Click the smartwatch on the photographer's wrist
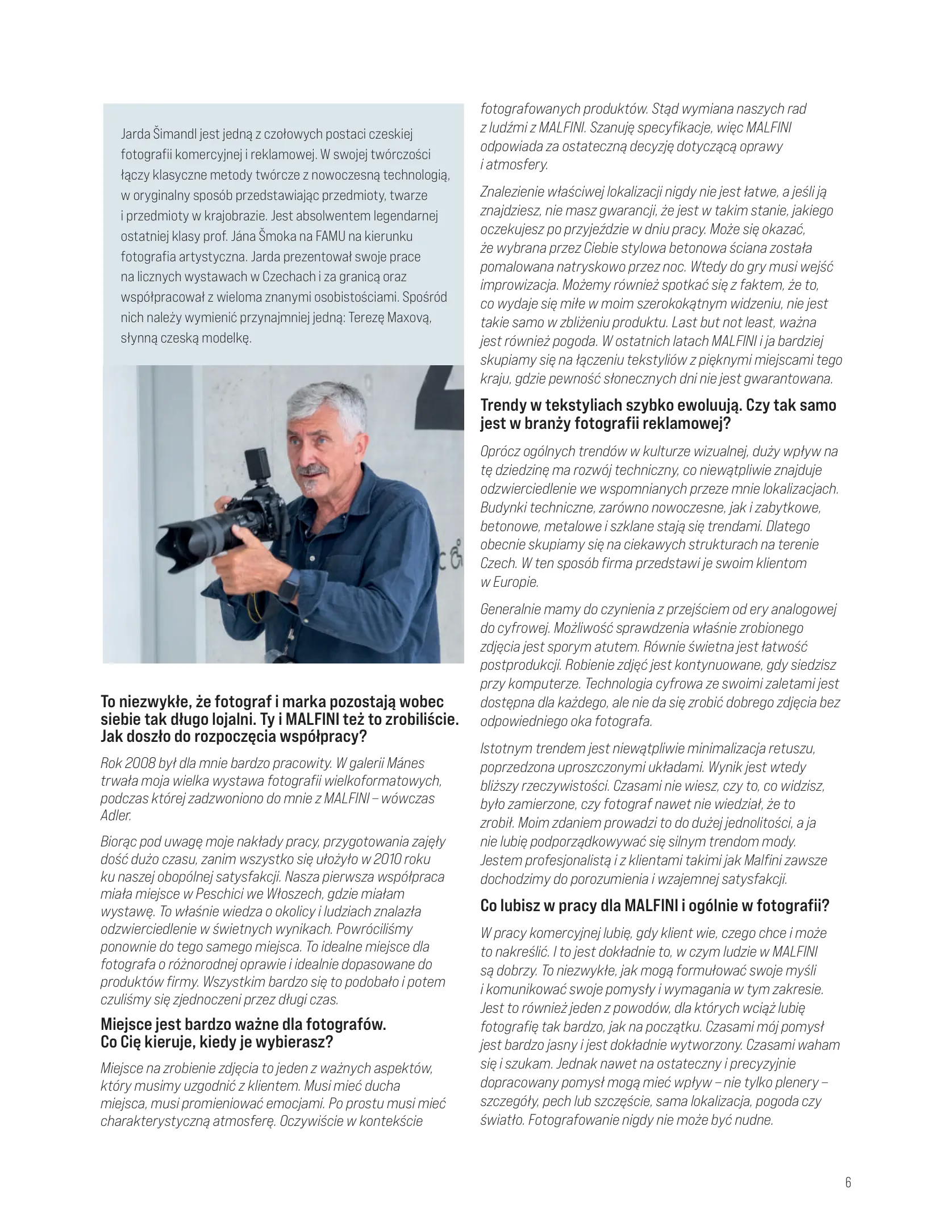click(x=288, y=593)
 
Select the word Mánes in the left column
click(x=407, y=763)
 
